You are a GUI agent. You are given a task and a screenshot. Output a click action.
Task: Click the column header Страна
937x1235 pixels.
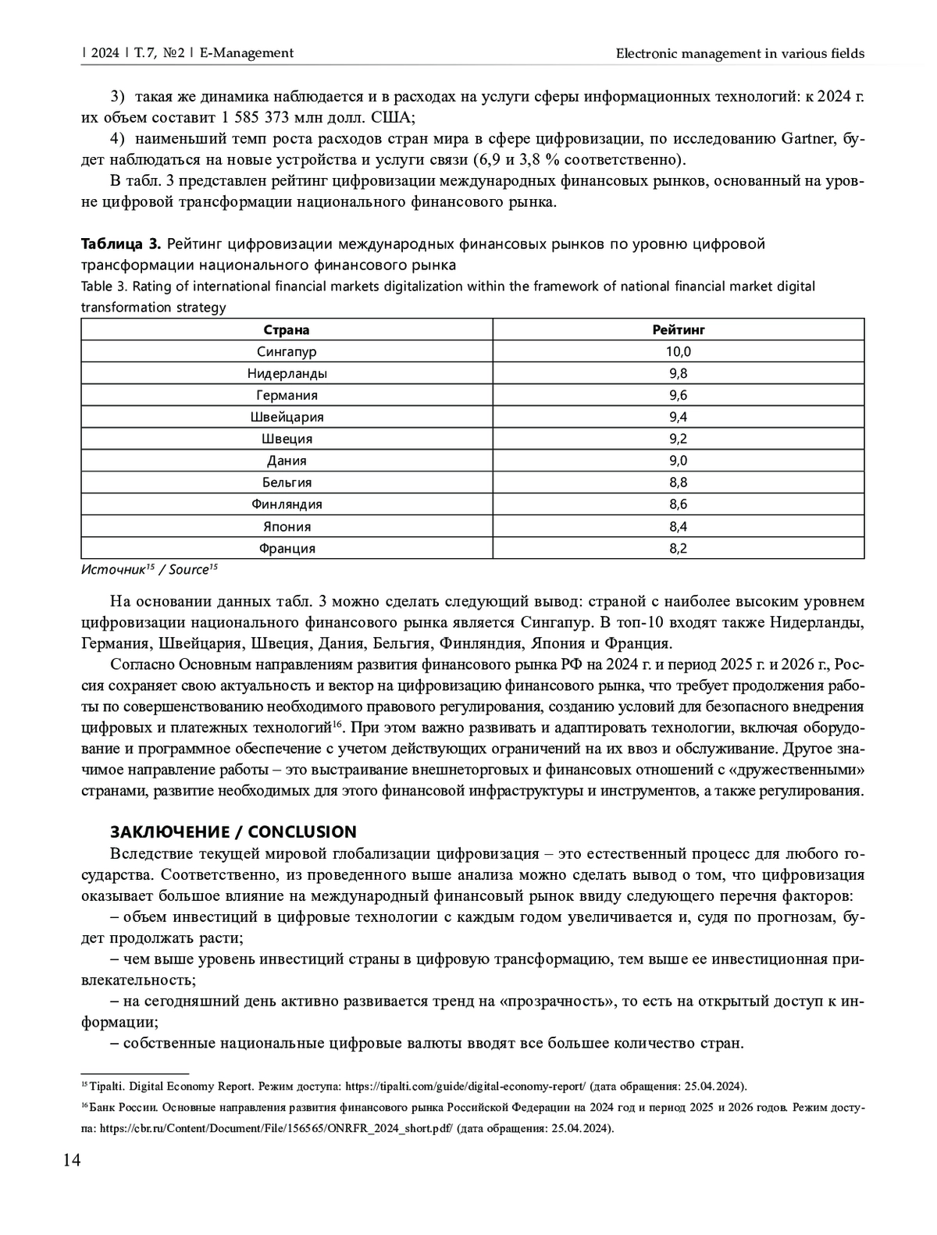click(287, 329)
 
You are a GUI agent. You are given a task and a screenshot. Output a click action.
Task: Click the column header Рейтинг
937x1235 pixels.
click(678, 329)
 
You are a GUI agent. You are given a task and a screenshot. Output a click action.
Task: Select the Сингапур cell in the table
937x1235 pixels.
click(287, 351)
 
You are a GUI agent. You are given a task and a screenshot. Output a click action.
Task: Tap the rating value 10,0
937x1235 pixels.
click(678, 351)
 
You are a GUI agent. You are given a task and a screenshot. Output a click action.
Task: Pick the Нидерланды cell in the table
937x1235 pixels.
click(287, 373)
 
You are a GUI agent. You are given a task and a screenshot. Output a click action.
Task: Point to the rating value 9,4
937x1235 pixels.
click(678, 417)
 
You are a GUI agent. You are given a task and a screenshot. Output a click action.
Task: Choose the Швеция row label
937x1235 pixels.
click(287, 439)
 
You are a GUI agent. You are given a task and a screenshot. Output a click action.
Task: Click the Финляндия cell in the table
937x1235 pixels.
click(287, 504)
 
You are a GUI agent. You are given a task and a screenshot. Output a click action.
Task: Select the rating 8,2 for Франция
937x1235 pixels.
click(678, 548)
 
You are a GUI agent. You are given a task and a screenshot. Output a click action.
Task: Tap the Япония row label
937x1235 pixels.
click(287, 526)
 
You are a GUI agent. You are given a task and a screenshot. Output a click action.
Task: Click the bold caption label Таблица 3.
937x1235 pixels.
click(121, 244)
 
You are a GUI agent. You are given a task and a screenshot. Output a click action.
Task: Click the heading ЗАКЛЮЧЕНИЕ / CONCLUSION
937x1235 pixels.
click(233, 831)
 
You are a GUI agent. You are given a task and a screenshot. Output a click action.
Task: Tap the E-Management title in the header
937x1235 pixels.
click(247, 53)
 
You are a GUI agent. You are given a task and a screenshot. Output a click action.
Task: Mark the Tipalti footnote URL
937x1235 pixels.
click(465, 1086)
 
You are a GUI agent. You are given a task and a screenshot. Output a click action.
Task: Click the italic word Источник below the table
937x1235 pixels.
click(113, 570)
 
